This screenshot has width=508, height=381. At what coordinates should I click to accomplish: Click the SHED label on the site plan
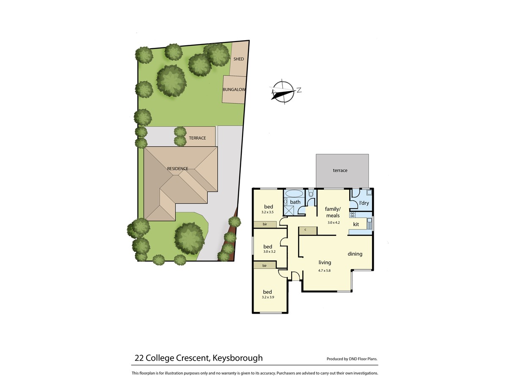tap(238, 59)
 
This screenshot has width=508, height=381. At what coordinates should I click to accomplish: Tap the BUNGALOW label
tap(234, 89)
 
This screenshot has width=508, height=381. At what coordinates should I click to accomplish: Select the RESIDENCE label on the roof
tap(177, 168)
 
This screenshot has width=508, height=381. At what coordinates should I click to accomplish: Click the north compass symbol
tap(284, 91)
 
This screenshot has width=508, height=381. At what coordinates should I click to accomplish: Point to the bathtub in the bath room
tap(294, 193)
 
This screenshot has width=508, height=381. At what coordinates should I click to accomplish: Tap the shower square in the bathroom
tap(288, 210)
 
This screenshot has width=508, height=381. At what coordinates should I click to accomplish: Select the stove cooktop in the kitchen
tap(352, 215)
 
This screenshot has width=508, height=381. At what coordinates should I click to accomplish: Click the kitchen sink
tap(369, 224)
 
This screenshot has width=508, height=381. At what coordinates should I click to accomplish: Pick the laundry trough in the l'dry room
tap(369, 192)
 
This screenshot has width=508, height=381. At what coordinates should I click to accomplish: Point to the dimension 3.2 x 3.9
tap(268, 297)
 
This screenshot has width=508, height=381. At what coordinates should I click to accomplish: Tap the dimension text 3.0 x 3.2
tap(269, 252)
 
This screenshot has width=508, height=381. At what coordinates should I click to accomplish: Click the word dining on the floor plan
tap(355, 254)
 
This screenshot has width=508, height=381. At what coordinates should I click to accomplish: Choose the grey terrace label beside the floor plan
tap(340, 171)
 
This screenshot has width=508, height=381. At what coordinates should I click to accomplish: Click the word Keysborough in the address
tap(237, 358)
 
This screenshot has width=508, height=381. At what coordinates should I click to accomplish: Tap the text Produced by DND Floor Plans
tap(352, 359)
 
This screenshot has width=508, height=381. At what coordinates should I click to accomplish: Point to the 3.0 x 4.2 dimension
tap(334, 223)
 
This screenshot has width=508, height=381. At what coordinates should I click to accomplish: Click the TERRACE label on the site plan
tap(197, 138)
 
